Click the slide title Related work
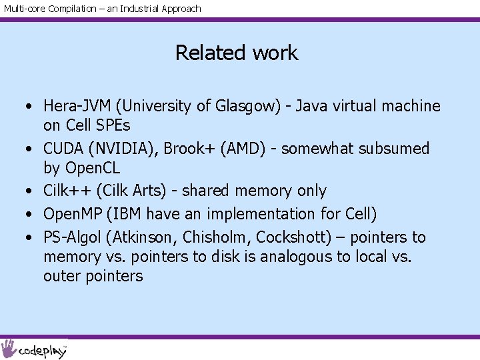pos(237,53)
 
